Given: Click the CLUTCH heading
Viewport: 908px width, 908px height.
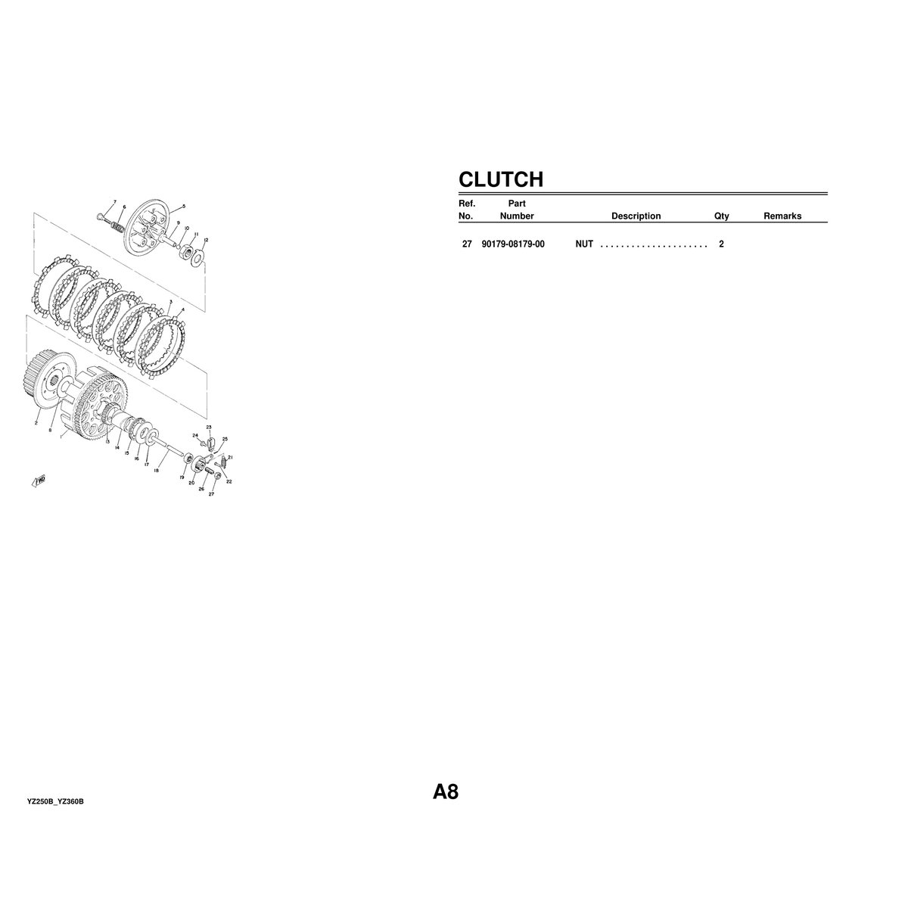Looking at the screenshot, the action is [x=500, y=179].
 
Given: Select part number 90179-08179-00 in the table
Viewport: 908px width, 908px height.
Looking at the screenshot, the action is [x=513, y=244].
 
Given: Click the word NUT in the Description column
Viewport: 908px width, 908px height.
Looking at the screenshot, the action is [x=584, y=244].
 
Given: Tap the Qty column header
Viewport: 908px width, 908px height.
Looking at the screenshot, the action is [x=721, y=216].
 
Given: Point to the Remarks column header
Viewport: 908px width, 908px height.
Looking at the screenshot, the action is [x=782, y=216].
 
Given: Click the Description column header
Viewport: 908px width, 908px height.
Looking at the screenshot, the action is [x=636, y=216].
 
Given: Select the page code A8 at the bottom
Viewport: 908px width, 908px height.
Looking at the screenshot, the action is [x=445, y=791].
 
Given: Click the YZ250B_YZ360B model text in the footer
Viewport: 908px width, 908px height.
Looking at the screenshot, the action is [x=55, y=801].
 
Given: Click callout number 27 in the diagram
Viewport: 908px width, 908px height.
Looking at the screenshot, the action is [x=212, y=494].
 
